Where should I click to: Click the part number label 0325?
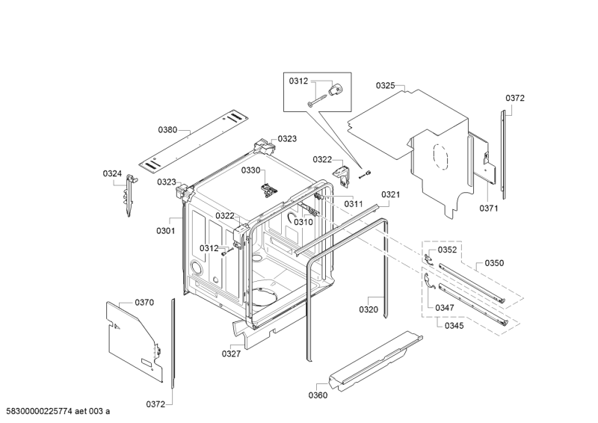[385, 86]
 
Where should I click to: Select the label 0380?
[168, 130]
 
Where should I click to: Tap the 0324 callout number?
[112, 174]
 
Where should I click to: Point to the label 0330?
[250, 170]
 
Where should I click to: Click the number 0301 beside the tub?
[165, 231]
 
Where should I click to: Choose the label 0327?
[231, 354]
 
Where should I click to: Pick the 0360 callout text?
[318, 395]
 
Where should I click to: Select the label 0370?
[144, 303]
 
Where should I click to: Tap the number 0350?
[494, 263]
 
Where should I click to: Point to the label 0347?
[446, 307]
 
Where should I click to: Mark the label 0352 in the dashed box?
[447, 250]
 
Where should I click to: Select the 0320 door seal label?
[369, 309]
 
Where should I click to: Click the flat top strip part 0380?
[198, 142]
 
